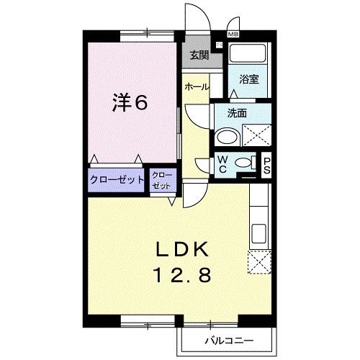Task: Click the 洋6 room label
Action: point(130,103)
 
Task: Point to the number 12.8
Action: point(183,274)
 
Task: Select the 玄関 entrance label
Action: point(199,55)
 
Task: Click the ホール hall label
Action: point(197,86)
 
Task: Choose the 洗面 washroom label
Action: point(237,113)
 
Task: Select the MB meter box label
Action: point(234,34)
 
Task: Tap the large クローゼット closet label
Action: point(117,180)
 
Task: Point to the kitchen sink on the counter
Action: point(259,233)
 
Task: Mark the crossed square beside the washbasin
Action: point(256,135)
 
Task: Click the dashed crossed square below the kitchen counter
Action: point(258,261)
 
